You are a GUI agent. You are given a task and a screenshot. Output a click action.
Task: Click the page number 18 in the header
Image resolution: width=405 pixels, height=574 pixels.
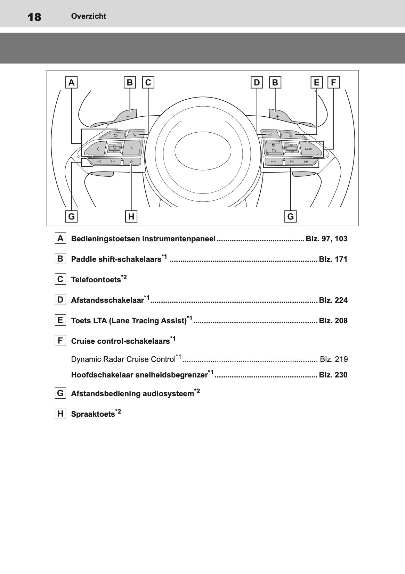click(x=34, y=17)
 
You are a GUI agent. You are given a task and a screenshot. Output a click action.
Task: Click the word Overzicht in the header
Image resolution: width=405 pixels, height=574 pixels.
click(x=88, y=16)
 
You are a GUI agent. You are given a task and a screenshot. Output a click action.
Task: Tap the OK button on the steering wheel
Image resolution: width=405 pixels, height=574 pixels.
click(x=114, y=148)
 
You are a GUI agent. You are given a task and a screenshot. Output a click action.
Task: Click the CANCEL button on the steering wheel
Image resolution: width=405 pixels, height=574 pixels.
click(x=308, y=149)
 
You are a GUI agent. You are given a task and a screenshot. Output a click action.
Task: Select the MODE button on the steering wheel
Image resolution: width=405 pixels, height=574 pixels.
click(x=274, y=161)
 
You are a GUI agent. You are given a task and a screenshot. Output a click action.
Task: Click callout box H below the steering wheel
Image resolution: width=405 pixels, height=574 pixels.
click(x=131, y=216)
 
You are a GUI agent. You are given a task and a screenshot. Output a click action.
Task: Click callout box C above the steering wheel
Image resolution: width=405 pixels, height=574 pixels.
click(x=148, y=82)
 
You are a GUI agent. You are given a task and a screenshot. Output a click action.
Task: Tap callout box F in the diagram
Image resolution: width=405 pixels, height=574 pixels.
click(x=333, y=82)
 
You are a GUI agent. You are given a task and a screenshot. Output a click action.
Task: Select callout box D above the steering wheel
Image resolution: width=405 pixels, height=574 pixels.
click(x=257, y=82)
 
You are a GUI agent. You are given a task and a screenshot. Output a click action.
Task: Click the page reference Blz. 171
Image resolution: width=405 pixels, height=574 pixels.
click(x=333, y=259)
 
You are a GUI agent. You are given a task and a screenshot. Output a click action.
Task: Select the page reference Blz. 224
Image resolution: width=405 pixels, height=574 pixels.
click(x=333, y=300)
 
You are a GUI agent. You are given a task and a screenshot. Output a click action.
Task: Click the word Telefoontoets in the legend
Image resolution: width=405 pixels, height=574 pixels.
click(x=96, y=280)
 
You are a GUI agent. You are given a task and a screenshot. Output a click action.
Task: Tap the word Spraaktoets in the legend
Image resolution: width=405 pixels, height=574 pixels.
click(x=93, y=414)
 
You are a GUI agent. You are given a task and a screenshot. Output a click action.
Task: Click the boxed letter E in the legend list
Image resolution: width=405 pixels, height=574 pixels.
click(x=60, y=320)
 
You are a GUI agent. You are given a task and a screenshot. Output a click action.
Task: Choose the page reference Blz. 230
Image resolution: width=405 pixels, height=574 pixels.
click(x=333, y=375)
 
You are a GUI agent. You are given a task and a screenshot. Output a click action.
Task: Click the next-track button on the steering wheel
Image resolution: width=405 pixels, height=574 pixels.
click(x=306, y=161)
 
